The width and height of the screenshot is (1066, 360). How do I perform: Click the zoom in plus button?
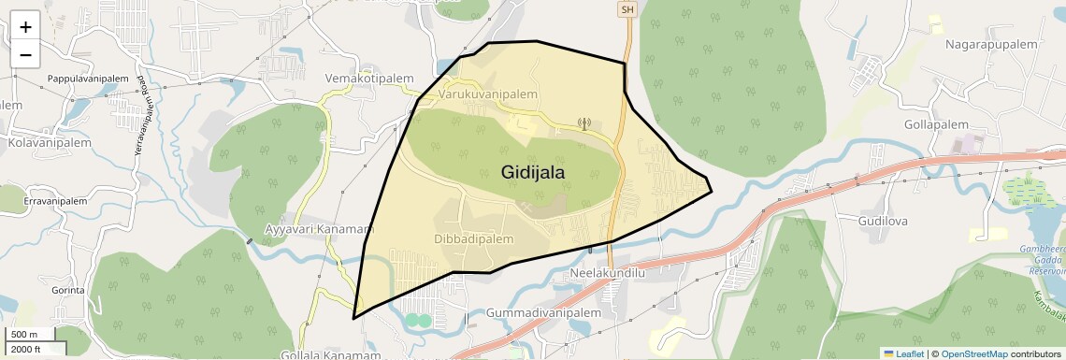point(25,27)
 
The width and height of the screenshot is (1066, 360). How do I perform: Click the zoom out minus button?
point(25,55)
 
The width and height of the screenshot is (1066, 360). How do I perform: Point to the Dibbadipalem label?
point(475,239)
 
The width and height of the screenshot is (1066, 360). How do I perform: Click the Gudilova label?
point(884,221)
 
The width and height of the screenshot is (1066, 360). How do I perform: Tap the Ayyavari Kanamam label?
point(319,228)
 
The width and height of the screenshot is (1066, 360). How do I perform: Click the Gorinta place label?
point(68,290)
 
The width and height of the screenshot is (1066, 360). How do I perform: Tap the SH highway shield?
point(627,9)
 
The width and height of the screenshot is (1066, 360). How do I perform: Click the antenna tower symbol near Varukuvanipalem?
point(585,122)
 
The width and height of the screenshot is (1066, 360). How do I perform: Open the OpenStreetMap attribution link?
point(973,353)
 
